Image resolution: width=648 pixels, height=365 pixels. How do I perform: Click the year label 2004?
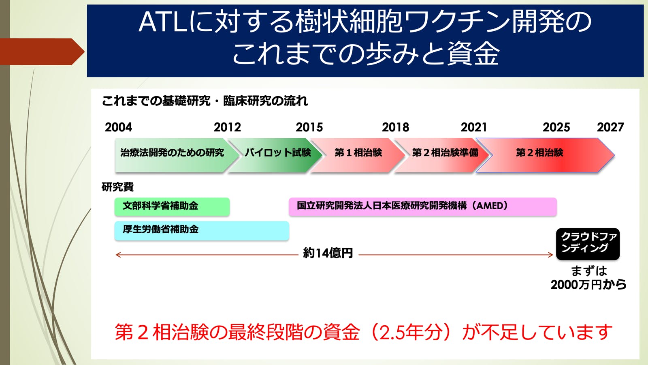[x=118, y=127]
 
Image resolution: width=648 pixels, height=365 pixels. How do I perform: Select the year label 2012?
[x=227, y=127]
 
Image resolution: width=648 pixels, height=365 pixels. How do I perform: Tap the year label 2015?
[x=309, y=127]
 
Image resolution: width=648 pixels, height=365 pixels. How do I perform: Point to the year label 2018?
[x=395, y=127]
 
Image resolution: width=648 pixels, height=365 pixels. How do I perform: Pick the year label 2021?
[x=474, y=127]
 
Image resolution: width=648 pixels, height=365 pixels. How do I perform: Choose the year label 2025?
[x=556, y=127]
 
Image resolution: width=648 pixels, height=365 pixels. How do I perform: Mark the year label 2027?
[x=610, y=127]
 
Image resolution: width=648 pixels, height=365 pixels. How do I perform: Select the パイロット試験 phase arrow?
[x=275, y=155]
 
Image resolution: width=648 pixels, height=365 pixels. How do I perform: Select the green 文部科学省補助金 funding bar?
[x=172, y=206]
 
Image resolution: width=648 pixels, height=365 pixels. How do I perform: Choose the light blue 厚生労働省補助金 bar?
[x=202, y=231]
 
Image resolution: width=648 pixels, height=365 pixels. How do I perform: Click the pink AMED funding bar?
[x=423, y=206]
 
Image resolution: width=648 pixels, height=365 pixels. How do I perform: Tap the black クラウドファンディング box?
[x=588, y=244]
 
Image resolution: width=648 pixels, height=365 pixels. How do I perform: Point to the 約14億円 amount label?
[x=328, y=253]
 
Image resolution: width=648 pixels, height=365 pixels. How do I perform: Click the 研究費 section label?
[x=117, y=187]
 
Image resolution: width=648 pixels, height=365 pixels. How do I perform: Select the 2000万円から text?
[x=588, y=285]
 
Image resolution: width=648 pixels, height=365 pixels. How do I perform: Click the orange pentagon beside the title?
[x=42, y=52]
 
